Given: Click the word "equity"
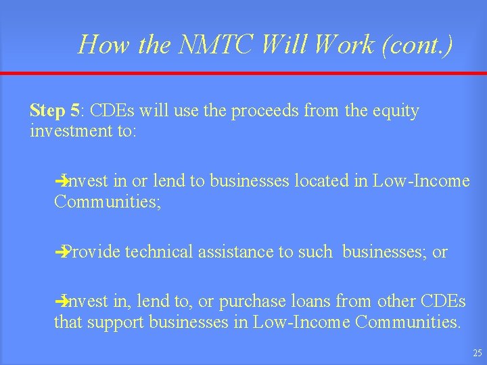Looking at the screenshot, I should click(396, 110).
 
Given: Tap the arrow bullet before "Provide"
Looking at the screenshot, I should click(61, 252).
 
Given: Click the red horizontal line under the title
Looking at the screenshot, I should click(243, 73).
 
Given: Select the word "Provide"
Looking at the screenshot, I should click(93, 251).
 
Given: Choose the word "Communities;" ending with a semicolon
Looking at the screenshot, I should click(108, 201).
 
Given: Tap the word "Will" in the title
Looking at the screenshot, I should click(281, 45).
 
